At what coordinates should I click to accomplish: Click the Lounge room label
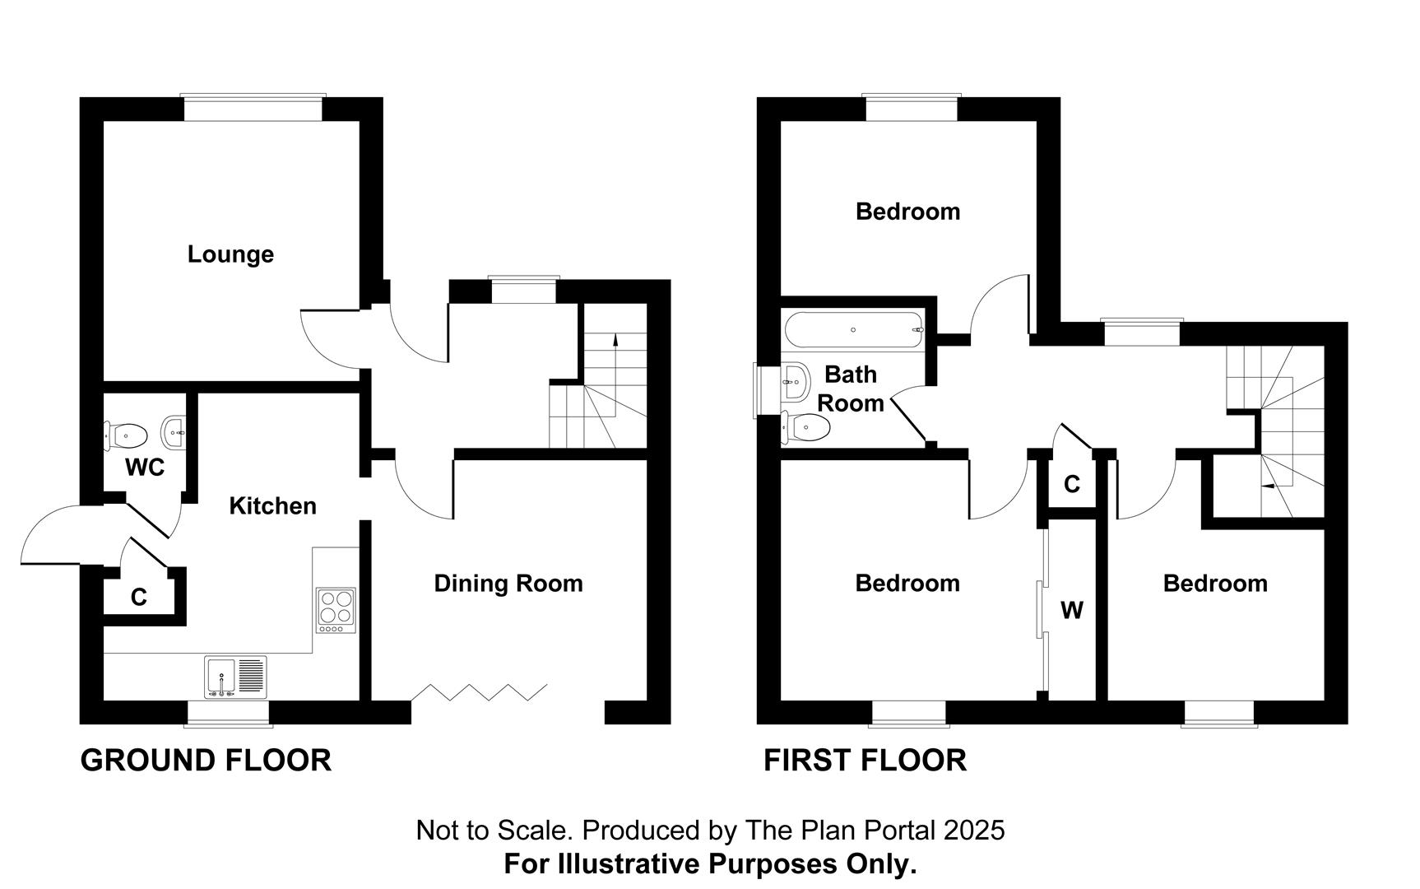(x=230, y=254)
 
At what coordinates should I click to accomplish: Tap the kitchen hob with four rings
(x=336, y=610)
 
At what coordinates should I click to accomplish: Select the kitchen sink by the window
(x=235, y=677)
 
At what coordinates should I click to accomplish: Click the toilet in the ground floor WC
(x=126, y=434)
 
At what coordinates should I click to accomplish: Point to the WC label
(x=145, y=468)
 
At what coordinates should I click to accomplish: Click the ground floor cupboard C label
(x=138, y=597)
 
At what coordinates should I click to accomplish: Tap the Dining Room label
(x=508, y=584)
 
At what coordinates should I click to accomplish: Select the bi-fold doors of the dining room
(x=480, y=691)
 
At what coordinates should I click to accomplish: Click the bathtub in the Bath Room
(x=854, y=329)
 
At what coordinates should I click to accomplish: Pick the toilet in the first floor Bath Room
(x=808, y=426)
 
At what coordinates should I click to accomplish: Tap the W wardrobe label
(x=1071, y=611)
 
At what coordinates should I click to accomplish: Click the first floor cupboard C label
(x=1071, y=485)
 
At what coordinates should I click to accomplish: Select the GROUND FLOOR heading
(x=206, y=760)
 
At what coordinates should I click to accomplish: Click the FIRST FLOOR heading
(x=865, y=760)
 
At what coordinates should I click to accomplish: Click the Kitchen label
(x=272, y=505)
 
